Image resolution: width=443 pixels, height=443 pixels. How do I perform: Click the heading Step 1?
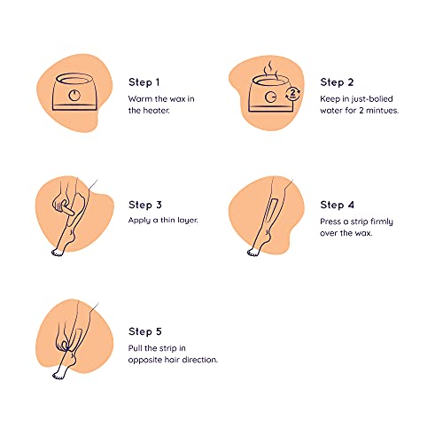[144, 82]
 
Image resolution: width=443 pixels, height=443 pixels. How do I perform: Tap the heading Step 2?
[337, 82]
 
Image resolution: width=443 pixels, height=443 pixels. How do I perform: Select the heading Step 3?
[145, 205]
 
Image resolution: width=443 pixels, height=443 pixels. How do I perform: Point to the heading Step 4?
[337, 205]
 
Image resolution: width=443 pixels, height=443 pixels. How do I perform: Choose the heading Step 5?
[145, 331]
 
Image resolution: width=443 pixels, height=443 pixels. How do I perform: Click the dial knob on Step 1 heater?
[74, 95]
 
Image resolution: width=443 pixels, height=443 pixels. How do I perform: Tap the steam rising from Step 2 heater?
[269, 68]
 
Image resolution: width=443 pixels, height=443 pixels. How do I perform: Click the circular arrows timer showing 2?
[292, 94]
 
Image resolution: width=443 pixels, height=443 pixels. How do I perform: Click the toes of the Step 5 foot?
[58, 376]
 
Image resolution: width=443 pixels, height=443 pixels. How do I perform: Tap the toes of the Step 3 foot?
[58, 253]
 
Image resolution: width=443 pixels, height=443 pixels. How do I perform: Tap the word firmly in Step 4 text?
[382, 221]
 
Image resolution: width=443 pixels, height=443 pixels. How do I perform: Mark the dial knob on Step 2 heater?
[270, 97]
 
